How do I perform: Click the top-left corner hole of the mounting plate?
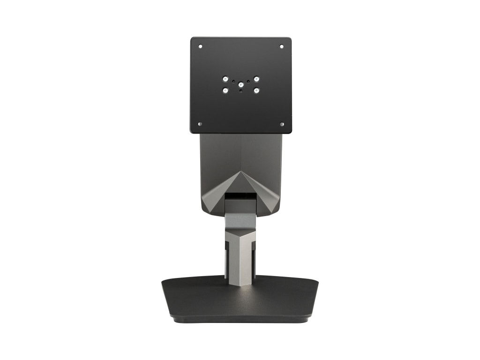click(x=201, y=46)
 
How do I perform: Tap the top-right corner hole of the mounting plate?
click(x=281, y=46)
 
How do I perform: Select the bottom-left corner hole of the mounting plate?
click(x=201, y=124)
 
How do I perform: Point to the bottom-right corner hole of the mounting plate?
click(x=281, y=124)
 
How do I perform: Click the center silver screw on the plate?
click(x=241, y=85)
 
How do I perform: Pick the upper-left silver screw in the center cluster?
click(x=225, y=79)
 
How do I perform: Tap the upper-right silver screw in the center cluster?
click(x=256, y=79)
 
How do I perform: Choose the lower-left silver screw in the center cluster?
click(x=225, y=90)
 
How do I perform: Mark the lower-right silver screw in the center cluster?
click(x=256, y=90)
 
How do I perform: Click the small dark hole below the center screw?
click(x=241, y=91)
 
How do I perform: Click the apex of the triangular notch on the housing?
click(x=241, y=172)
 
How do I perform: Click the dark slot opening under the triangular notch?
click(x=241, y=194)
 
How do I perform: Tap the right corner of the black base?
click(x=317, y=283)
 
